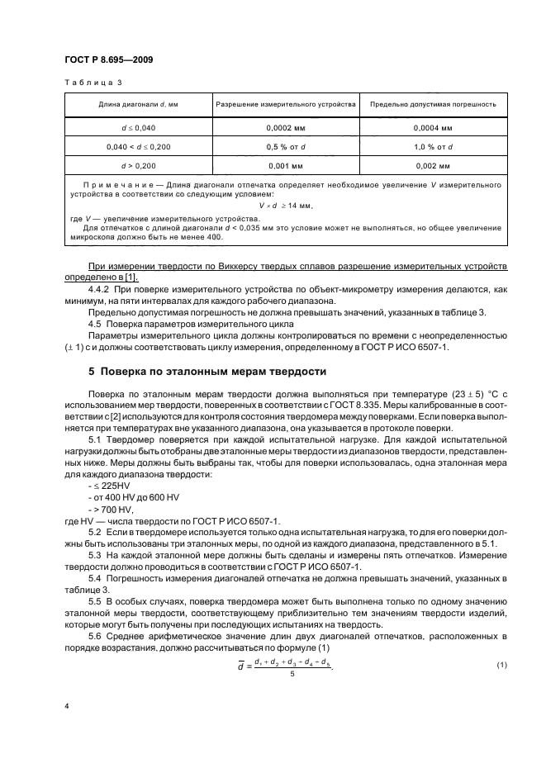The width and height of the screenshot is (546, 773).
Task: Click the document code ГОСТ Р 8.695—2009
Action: [x=106, y=60]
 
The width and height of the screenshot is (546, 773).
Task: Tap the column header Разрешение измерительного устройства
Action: [x=285, y=105]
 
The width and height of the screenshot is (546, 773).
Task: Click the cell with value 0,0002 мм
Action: [x=285, y=129]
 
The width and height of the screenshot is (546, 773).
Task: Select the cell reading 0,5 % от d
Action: [x=285, y=146]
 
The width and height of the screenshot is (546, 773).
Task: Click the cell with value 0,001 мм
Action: [x=285, y=164]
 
